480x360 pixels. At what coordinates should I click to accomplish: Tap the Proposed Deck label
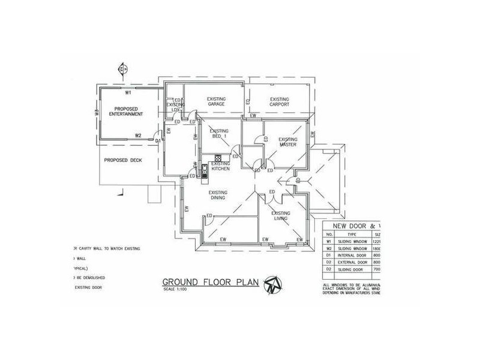(x=122, y=160)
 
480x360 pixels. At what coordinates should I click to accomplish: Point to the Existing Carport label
(x=279, y=101)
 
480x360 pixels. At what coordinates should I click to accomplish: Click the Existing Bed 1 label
(x=219, y=134)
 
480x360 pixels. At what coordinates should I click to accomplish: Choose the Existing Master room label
(x=288, y=142)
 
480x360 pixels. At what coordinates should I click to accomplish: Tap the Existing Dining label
(x=217, y=196)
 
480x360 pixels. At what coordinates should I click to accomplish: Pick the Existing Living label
(x=281, y=216)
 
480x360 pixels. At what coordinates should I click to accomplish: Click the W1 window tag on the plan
(x=128, y=93)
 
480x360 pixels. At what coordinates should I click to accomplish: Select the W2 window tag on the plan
(x=138, y=136)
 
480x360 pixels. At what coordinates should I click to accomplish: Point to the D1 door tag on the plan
(x=158, y=141)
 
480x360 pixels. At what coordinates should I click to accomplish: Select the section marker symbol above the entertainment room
(x=124, y=68)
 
